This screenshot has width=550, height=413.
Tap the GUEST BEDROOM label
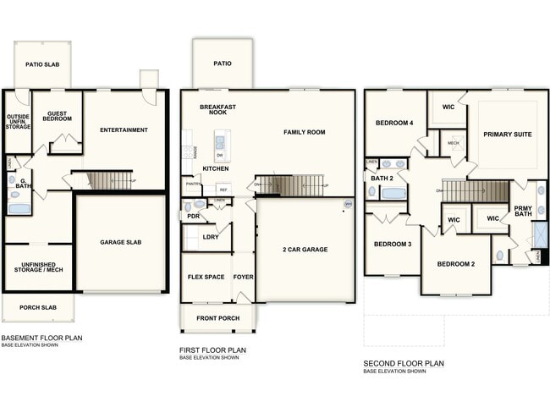click(x=58, y=115)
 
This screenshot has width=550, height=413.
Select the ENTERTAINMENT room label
click(x=124, y=129)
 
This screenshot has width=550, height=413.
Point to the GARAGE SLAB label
click(x=121, y=242)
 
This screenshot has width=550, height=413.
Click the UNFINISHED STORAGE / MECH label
click(x=38, y=267)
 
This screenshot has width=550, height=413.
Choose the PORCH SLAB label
click(x=37, y=307)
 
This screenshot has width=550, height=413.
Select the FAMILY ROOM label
click(x=304, y=132)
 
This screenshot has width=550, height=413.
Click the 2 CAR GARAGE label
click(x=305, y=249)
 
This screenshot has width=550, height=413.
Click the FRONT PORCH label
click(x=217, y=318)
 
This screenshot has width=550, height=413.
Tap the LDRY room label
click(x=211, y=237)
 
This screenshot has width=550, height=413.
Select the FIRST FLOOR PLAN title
click(x=212, y=350)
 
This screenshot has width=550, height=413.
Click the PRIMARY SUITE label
click(x=508, y=135)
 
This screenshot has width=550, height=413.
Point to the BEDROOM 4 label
click(x=394, y=124)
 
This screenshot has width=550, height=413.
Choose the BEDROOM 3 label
click(x=393, y=245)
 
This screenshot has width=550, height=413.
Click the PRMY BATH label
click(x=523, y=210)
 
